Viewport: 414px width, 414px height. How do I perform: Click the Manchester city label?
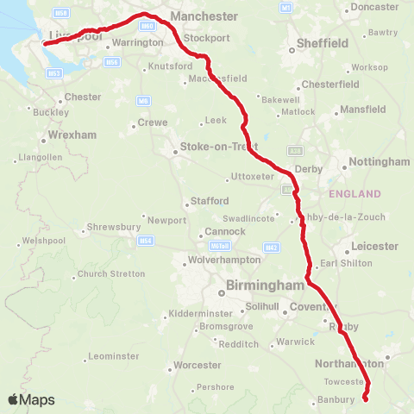point(204,16)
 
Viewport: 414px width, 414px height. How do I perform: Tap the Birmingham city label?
point(265,285)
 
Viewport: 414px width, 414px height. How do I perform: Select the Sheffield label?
point(322,42)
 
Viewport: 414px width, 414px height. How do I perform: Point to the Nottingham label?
point(380,161)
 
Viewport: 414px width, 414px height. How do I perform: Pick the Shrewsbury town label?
point(113,229)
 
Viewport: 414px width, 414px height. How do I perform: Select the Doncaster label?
point(374,7)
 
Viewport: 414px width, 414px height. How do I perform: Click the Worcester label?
point(198,365)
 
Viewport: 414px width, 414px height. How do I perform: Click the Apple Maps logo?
point(31,399)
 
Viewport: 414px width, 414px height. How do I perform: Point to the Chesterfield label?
point(332,85)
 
